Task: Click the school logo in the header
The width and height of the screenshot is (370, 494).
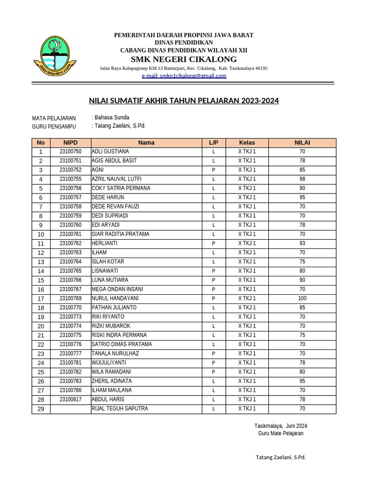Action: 55,54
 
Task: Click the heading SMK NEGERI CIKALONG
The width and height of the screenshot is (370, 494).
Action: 184,59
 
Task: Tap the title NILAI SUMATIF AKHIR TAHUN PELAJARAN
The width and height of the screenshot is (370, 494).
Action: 184,101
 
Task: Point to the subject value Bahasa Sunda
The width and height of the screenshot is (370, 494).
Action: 112,117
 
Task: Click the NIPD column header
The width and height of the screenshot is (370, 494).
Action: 70,143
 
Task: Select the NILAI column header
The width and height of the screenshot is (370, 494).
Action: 302,143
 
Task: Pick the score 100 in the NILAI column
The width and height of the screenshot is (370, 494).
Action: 302,299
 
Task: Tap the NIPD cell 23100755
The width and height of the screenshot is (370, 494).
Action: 70,179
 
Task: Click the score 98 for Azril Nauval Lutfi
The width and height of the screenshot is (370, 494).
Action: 302,179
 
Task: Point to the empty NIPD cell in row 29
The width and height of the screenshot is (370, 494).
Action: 70,409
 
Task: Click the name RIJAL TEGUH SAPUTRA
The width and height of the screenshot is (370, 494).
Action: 119,409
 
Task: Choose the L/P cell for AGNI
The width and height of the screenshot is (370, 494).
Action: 213,170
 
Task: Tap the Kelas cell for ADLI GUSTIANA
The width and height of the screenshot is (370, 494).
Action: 247,151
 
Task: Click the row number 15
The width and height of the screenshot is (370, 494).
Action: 41,280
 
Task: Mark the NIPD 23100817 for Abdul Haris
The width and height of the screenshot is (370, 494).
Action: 70,399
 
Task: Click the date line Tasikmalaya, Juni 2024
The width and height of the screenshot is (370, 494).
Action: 280,426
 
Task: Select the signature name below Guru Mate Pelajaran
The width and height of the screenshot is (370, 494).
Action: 280,457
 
